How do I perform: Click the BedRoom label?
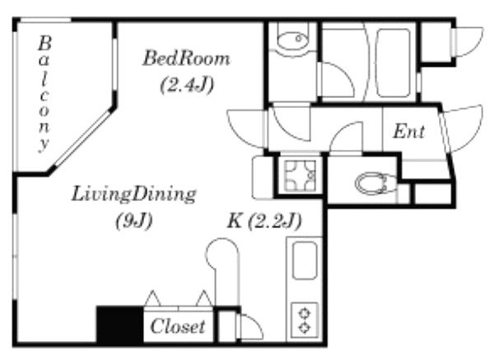tap(186, 58)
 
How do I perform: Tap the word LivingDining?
tap(133, 194)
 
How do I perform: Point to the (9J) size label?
tap(134, 221)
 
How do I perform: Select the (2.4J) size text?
tap(187, 84)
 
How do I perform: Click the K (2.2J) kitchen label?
tap(264, 221)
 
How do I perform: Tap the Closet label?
tap(178, 326)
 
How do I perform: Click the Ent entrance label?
tap(408, 132)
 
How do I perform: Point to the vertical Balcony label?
tap(44, 94)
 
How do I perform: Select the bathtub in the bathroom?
tap(393, 63)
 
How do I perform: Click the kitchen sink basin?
tap(305, 260)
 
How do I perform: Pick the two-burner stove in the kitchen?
tap(305, 320)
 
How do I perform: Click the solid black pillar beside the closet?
tap(120, 325)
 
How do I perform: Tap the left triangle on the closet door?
tap(153, 298)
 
